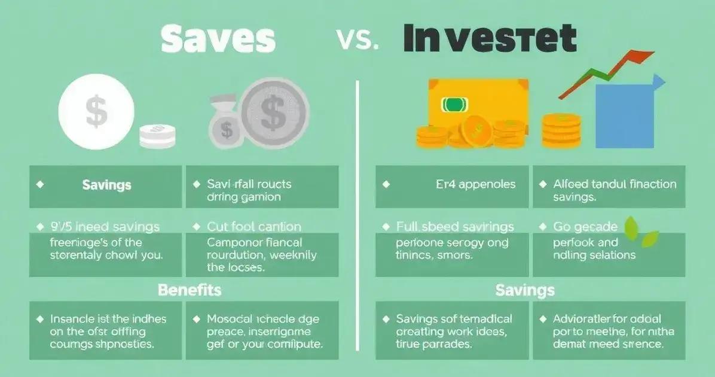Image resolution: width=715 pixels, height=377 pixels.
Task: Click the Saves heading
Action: (219, 39)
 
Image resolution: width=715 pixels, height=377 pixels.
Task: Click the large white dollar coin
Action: (96, 113)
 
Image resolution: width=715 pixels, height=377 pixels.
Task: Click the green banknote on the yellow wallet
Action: (453, 105)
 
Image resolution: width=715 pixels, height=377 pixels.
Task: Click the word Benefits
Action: (190, 290)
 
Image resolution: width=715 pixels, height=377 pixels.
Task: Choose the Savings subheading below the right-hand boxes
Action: (524, 291)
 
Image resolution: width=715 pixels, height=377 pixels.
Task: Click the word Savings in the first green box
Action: (106, 185)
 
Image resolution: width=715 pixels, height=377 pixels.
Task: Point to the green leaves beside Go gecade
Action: (640, 232)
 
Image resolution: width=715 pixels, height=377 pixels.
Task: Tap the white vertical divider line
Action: (357, 215)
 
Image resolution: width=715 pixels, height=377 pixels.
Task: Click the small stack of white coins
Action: (158, 136)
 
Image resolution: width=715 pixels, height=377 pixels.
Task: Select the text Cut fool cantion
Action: (254, 227)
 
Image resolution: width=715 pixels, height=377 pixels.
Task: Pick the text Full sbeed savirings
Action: (455, 227)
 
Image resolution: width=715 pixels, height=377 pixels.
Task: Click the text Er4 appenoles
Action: (476, 184)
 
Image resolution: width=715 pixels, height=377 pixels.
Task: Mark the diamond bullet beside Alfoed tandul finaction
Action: (543, 184)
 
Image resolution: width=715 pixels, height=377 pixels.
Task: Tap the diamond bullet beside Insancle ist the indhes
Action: (40, 319)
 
